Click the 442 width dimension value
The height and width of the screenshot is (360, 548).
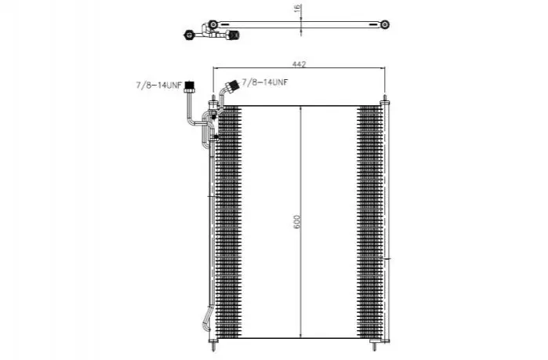click(299, 64)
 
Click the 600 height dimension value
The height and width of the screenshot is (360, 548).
click(296, 222)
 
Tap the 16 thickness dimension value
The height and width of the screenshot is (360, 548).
click(297, 9)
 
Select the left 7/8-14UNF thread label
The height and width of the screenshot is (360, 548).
click(159, 85)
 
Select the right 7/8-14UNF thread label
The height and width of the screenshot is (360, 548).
click(265, 82)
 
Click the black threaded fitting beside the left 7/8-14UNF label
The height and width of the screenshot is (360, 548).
click(190, 87)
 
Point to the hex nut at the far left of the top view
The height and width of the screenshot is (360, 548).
click(189, 35)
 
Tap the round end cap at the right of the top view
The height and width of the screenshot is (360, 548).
click(385, 24)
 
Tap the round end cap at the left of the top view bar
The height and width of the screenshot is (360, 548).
click(212, 24)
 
